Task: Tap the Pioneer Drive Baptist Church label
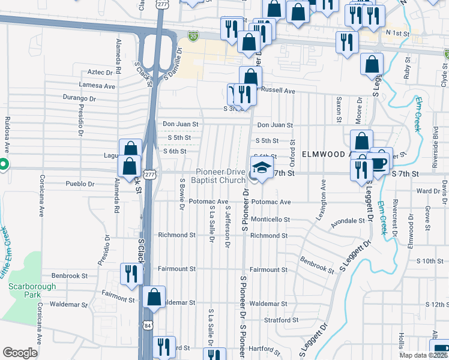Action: (x=218, y=176)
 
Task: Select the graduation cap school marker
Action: (x=261, y=169)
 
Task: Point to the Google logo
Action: (x=20, y=353)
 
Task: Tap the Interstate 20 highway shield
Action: (x=193, y=37)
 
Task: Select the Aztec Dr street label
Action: (x=100, y=72)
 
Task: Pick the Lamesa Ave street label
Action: (x=101, y=86)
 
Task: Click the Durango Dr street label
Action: (x=79, y=98)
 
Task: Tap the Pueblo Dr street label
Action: (x=80, y=184)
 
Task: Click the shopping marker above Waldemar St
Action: (x=154, y=296)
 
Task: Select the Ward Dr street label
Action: (x=428, y=191)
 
